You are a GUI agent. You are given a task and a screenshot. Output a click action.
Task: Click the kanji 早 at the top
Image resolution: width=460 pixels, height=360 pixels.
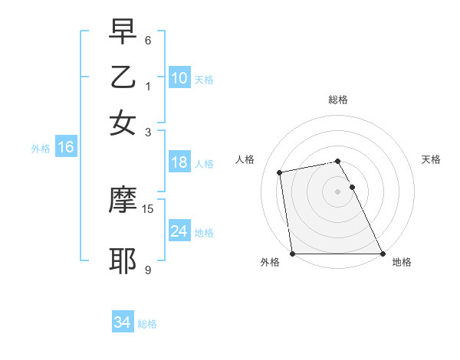tap(123, 32)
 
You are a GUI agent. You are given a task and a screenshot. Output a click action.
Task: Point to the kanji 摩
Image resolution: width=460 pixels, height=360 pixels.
tap(123, 198)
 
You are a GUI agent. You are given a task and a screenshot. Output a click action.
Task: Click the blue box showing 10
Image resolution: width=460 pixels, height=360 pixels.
tap(179, 77)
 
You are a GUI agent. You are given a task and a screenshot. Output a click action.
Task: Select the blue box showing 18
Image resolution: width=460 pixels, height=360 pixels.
tap(179, 162)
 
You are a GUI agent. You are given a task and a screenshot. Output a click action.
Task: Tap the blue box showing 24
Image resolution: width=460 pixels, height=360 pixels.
tap(179, 231)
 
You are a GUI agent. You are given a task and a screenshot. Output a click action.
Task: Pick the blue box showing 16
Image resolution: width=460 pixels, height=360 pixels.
tap(65, 148)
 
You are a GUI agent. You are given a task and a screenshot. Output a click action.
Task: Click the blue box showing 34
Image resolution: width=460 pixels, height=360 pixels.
tap(122, 323)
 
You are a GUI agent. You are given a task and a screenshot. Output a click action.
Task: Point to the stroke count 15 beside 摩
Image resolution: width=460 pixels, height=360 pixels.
tap(149, 208)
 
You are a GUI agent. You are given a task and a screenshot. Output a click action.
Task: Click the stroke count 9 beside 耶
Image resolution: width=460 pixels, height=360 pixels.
tap(148, 270)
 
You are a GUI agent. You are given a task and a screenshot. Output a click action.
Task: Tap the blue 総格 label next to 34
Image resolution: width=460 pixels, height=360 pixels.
tap(147, 324)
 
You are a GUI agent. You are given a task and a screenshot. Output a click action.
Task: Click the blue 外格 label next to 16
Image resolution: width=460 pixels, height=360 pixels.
tap(41, 149)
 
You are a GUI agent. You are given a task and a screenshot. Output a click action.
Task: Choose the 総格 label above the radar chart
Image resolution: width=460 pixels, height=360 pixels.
tap(337, 100)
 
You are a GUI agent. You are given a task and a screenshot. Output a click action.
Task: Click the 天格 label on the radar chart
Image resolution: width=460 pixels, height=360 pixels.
tap(431, 159)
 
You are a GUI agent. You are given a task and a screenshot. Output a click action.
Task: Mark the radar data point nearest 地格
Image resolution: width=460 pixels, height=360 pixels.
tap(382, 254)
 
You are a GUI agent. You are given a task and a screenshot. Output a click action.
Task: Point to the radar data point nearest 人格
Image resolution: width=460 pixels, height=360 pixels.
tap(281, 172)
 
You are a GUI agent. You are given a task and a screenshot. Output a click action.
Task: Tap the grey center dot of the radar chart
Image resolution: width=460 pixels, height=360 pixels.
tap(337, 191)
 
